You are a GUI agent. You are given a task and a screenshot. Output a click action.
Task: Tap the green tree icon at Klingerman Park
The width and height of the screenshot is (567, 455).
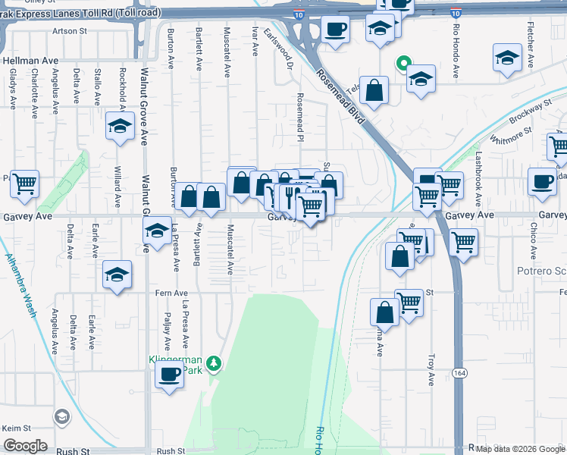tap(215, 365)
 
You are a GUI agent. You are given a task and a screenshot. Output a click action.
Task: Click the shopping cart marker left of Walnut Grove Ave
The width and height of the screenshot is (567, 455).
tap(25, 183)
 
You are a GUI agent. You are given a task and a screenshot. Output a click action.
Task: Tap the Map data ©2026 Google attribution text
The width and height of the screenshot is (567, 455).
tap(519, 448)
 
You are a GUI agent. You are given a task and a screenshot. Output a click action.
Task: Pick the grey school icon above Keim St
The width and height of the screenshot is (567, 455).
tap(61, 416)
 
